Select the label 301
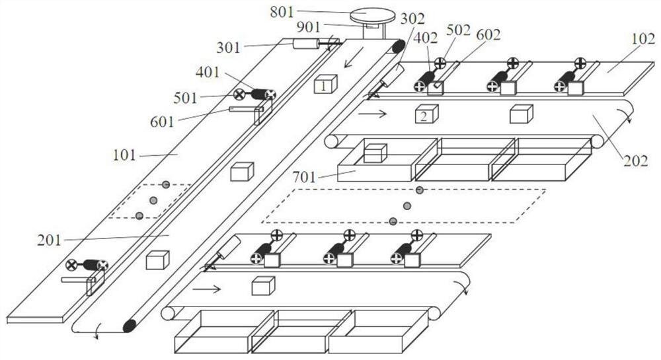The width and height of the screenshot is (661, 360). coord(229,48)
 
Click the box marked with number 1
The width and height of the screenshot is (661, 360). coord(325,85)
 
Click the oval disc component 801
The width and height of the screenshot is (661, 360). coord(372,15)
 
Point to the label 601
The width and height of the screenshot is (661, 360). coord(163,121)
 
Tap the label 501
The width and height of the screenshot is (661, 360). coord(185,98)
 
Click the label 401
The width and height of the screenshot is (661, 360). coord(208,71)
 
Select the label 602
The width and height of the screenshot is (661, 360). coord(488,34)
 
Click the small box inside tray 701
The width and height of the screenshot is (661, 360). coord(375,153)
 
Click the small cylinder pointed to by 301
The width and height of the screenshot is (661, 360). coord(305,44)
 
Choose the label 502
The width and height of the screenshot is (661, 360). coord(459,30)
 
